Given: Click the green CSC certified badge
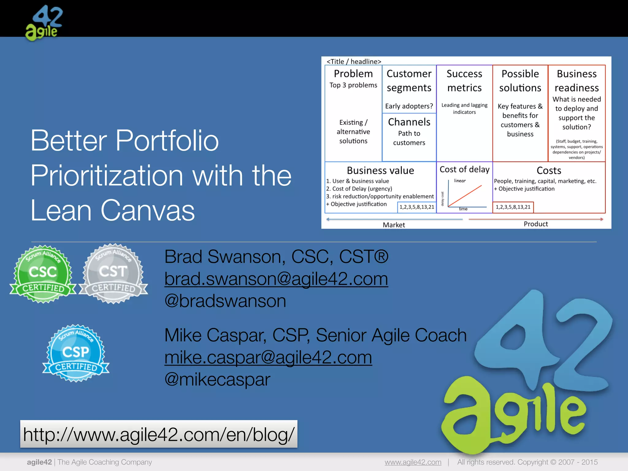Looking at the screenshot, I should (43, 274).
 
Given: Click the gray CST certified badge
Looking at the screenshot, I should (113, 274).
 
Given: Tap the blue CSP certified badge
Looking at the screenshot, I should (76, 353).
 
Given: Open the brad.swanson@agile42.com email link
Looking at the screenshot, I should (276, 279).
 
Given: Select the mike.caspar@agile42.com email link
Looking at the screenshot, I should (268, 358).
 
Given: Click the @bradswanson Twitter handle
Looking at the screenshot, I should (225, 301).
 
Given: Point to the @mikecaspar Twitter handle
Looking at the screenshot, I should (217, 380).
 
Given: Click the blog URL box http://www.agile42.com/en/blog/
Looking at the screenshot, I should (159, 434).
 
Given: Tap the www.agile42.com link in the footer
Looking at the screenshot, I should (413, 462).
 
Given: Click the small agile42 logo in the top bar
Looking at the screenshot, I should (44, 23).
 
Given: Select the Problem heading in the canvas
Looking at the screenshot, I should (353, 74).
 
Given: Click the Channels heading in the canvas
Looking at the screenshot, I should (409, 122).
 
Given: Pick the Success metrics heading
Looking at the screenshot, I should (464, 81).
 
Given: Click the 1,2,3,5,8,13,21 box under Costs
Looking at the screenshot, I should (513, 207).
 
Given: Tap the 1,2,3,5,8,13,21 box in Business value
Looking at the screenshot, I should (417, 207).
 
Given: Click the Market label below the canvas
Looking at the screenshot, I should (394, 225).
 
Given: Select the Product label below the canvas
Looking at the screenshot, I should (535, 224).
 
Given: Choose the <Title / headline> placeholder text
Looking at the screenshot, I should (354, 61).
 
